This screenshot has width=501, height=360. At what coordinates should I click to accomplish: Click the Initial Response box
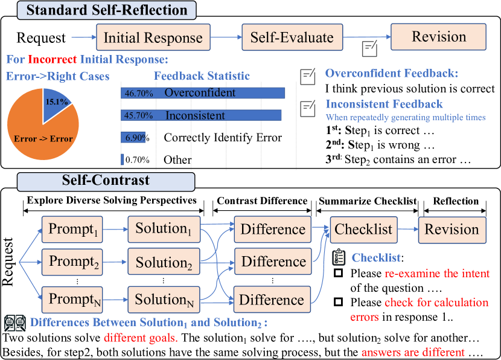point(153,37)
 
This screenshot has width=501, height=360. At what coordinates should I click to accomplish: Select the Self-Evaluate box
point(292,37)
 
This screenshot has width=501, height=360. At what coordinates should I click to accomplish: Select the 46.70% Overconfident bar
point(203,93)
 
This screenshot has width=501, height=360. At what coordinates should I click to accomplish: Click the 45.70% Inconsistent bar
point(201,115)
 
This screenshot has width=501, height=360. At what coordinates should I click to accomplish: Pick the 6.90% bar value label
point(136,138)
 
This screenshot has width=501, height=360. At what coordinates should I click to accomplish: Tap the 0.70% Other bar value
point(136,160)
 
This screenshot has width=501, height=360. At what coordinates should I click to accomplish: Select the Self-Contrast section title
point(106,181)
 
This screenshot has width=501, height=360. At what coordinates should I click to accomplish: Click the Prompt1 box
point(73,230)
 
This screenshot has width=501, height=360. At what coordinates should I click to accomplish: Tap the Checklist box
point(363,230)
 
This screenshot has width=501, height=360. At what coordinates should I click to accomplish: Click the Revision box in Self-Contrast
point(452,230)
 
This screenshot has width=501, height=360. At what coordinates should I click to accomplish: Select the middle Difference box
point(273,262)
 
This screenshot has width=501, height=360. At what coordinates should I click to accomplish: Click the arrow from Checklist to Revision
point(407,230)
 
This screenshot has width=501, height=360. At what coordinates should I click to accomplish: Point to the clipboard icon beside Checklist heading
point(339,258)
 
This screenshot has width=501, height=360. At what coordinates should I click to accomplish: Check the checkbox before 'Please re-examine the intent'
point(339,274)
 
